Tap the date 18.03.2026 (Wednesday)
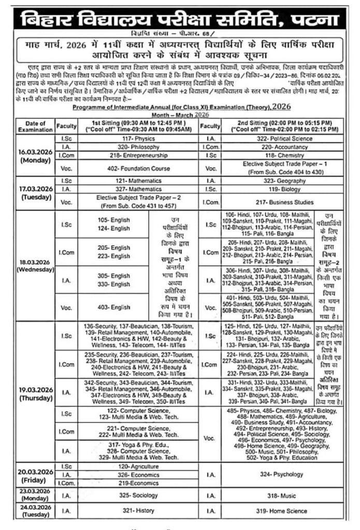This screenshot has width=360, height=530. click(x=35, y=266)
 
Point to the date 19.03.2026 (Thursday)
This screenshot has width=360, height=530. click(x=35, y=394)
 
